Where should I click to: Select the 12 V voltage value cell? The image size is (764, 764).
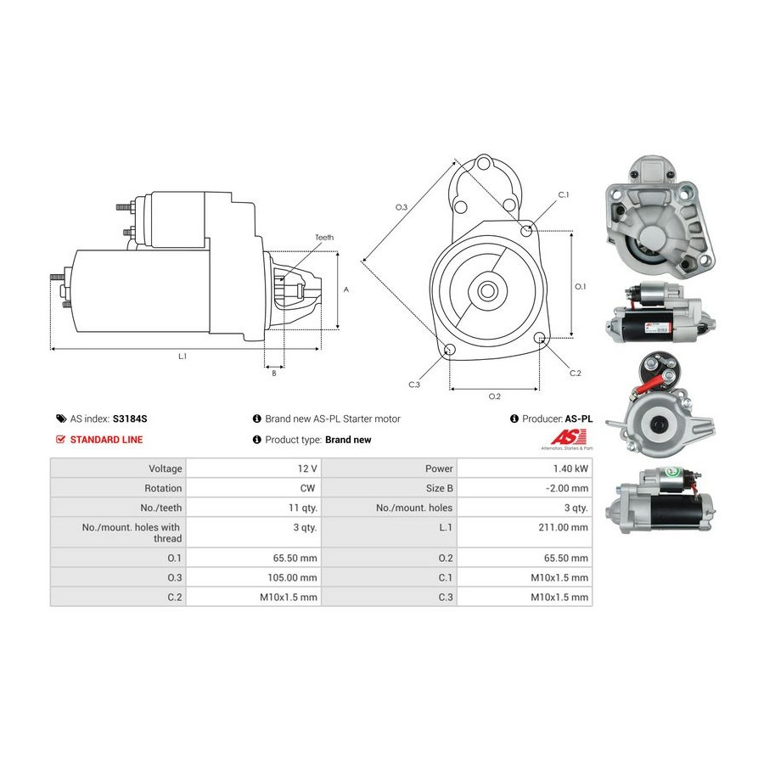point(307,469)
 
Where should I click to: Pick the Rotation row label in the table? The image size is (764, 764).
point(163,488)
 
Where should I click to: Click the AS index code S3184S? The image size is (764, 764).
point(132,419)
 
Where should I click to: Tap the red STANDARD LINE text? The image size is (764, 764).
point(106,440)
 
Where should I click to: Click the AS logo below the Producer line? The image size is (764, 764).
point(565,438)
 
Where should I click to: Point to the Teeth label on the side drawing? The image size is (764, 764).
point(324,238)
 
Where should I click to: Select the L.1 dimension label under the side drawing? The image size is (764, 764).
point(182,357)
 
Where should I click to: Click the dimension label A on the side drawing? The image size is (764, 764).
point(346,289)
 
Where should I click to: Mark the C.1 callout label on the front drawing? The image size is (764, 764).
point(563,195)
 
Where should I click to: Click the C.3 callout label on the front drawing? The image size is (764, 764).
point(414,385)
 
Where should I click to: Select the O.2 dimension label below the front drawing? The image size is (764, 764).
point(494,396)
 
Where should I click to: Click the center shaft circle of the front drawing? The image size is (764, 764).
point(488,290)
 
